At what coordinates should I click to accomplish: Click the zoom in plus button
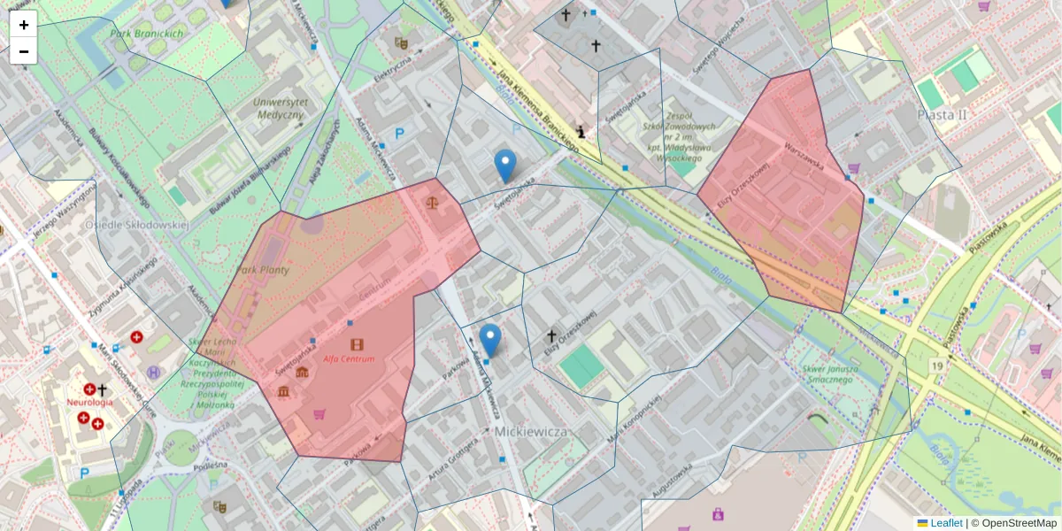(24, 25)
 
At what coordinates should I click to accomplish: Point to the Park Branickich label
(147, 34)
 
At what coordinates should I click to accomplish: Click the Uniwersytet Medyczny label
(279, 108)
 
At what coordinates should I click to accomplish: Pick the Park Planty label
(263, 270)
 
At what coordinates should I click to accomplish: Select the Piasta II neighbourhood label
(942, 115)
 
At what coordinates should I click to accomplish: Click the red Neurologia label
(89, 402)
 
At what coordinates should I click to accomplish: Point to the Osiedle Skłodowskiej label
(137, 225)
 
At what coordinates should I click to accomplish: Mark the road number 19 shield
(935, 365)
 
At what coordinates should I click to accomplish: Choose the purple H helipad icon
(154, 373)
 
